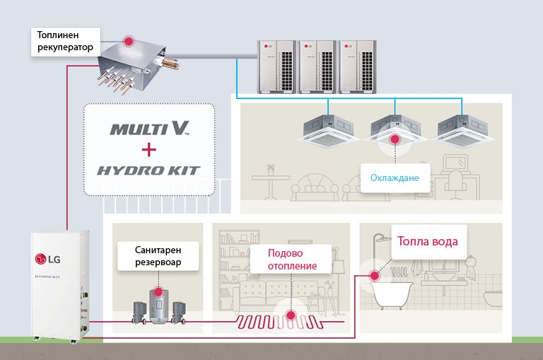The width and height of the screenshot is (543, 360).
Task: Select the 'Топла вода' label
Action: (428, 241)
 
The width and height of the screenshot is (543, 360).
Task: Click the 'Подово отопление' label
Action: (292, 260)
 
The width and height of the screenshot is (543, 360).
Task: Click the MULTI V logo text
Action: (150, 129)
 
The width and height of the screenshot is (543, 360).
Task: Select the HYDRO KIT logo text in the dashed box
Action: (149, 170)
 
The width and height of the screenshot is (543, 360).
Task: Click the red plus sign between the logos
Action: (148, 150)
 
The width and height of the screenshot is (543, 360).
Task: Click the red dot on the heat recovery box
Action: (129, 41)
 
